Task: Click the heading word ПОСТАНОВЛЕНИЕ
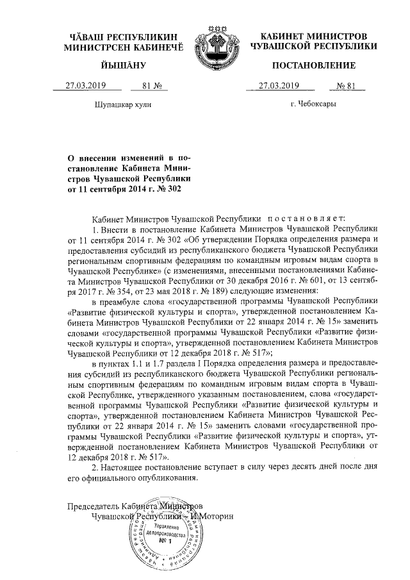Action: [314, 66]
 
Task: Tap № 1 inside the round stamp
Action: [165, 543]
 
